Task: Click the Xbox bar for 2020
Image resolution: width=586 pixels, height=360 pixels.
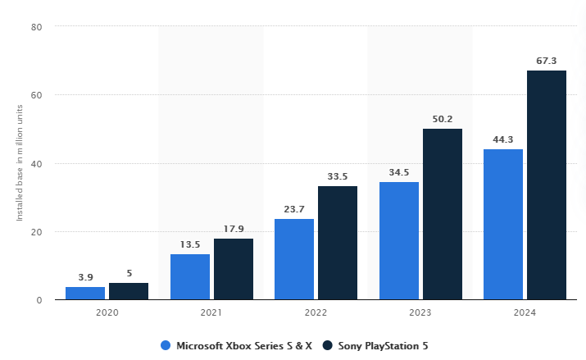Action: tap(85, 293)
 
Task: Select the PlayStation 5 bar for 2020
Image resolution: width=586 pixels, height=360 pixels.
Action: tap(129, 291)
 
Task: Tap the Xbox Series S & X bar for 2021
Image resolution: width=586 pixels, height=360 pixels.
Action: tap(190, 277)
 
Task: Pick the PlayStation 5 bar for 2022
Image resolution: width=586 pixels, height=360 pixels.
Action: tap(338, 243)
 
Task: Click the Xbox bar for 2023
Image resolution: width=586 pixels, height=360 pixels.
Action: tap(399, 240)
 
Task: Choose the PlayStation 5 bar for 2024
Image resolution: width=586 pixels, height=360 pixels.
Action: tap(547, 185)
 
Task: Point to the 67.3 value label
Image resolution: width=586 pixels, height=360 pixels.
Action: tap(547, 61)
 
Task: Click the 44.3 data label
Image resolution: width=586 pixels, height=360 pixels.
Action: tap(503, 139)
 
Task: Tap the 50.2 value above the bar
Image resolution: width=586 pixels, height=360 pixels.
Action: tap(443, 119)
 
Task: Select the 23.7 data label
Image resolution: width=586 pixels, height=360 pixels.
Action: tap(294, 209)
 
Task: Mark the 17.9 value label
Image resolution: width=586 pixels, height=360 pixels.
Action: tap(234, 229)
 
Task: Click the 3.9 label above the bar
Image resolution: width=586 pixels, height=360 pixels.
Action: tap(85, 276)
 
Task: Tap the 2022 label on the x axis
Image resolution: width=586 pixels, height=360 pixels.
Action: tap(316, 312)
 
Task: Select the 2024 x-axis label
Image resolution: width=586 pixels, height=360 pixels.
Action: tap(525, 312)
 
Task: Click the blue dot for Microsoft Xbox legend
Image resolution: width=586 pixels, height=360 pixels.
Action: tap(166, 345)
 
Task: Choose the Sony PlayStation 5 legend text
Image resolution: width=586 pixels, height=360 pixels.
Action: tap(384, 345)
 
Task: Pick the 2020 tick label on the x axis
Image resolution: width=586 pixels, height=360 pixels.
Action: tap(107, 312)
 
